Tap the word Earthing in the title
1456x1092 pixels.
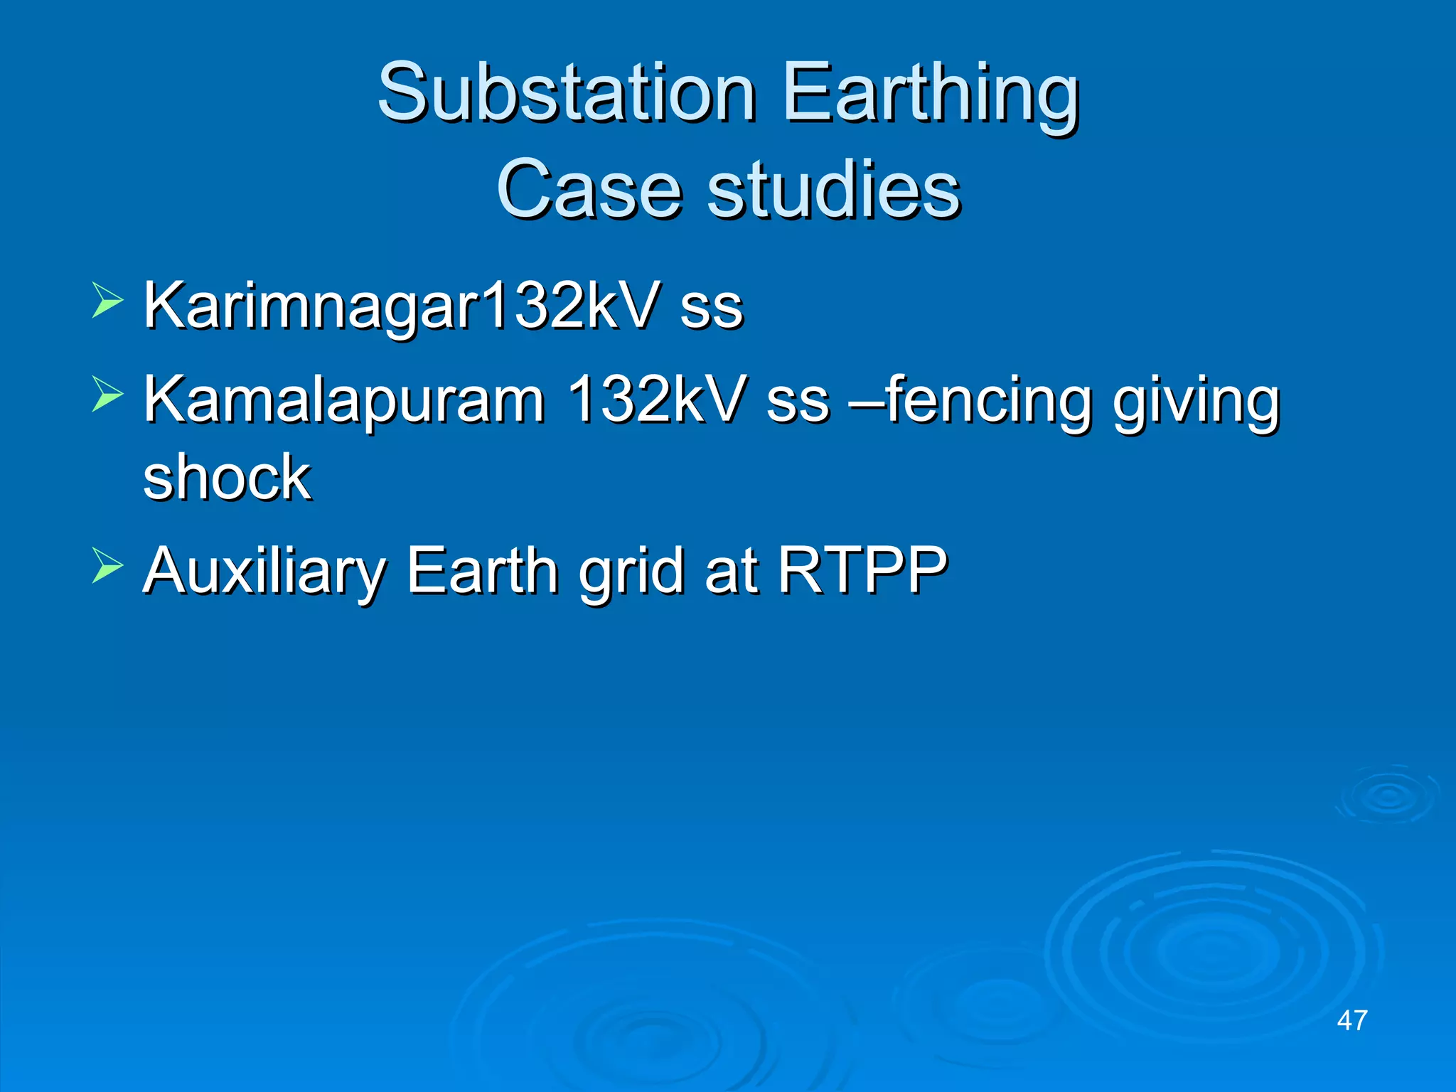click(x=931, y=93)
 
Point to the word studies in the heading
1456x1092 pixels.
click(x=833, y=190)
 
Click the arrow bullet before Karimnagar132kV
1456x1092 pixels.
click(x=107, y=301)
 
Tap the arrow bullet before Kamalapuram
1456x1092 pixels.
click(x=107, y=395)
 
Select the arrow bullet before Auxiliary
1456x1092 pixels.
click(x=107, y=565)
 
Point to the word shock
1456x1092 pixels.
click(x=227, y=477)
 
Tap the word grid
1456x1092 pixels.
click(x=632, y=571)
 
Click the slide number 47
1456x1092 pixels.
click(x=1351, y=1021)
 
